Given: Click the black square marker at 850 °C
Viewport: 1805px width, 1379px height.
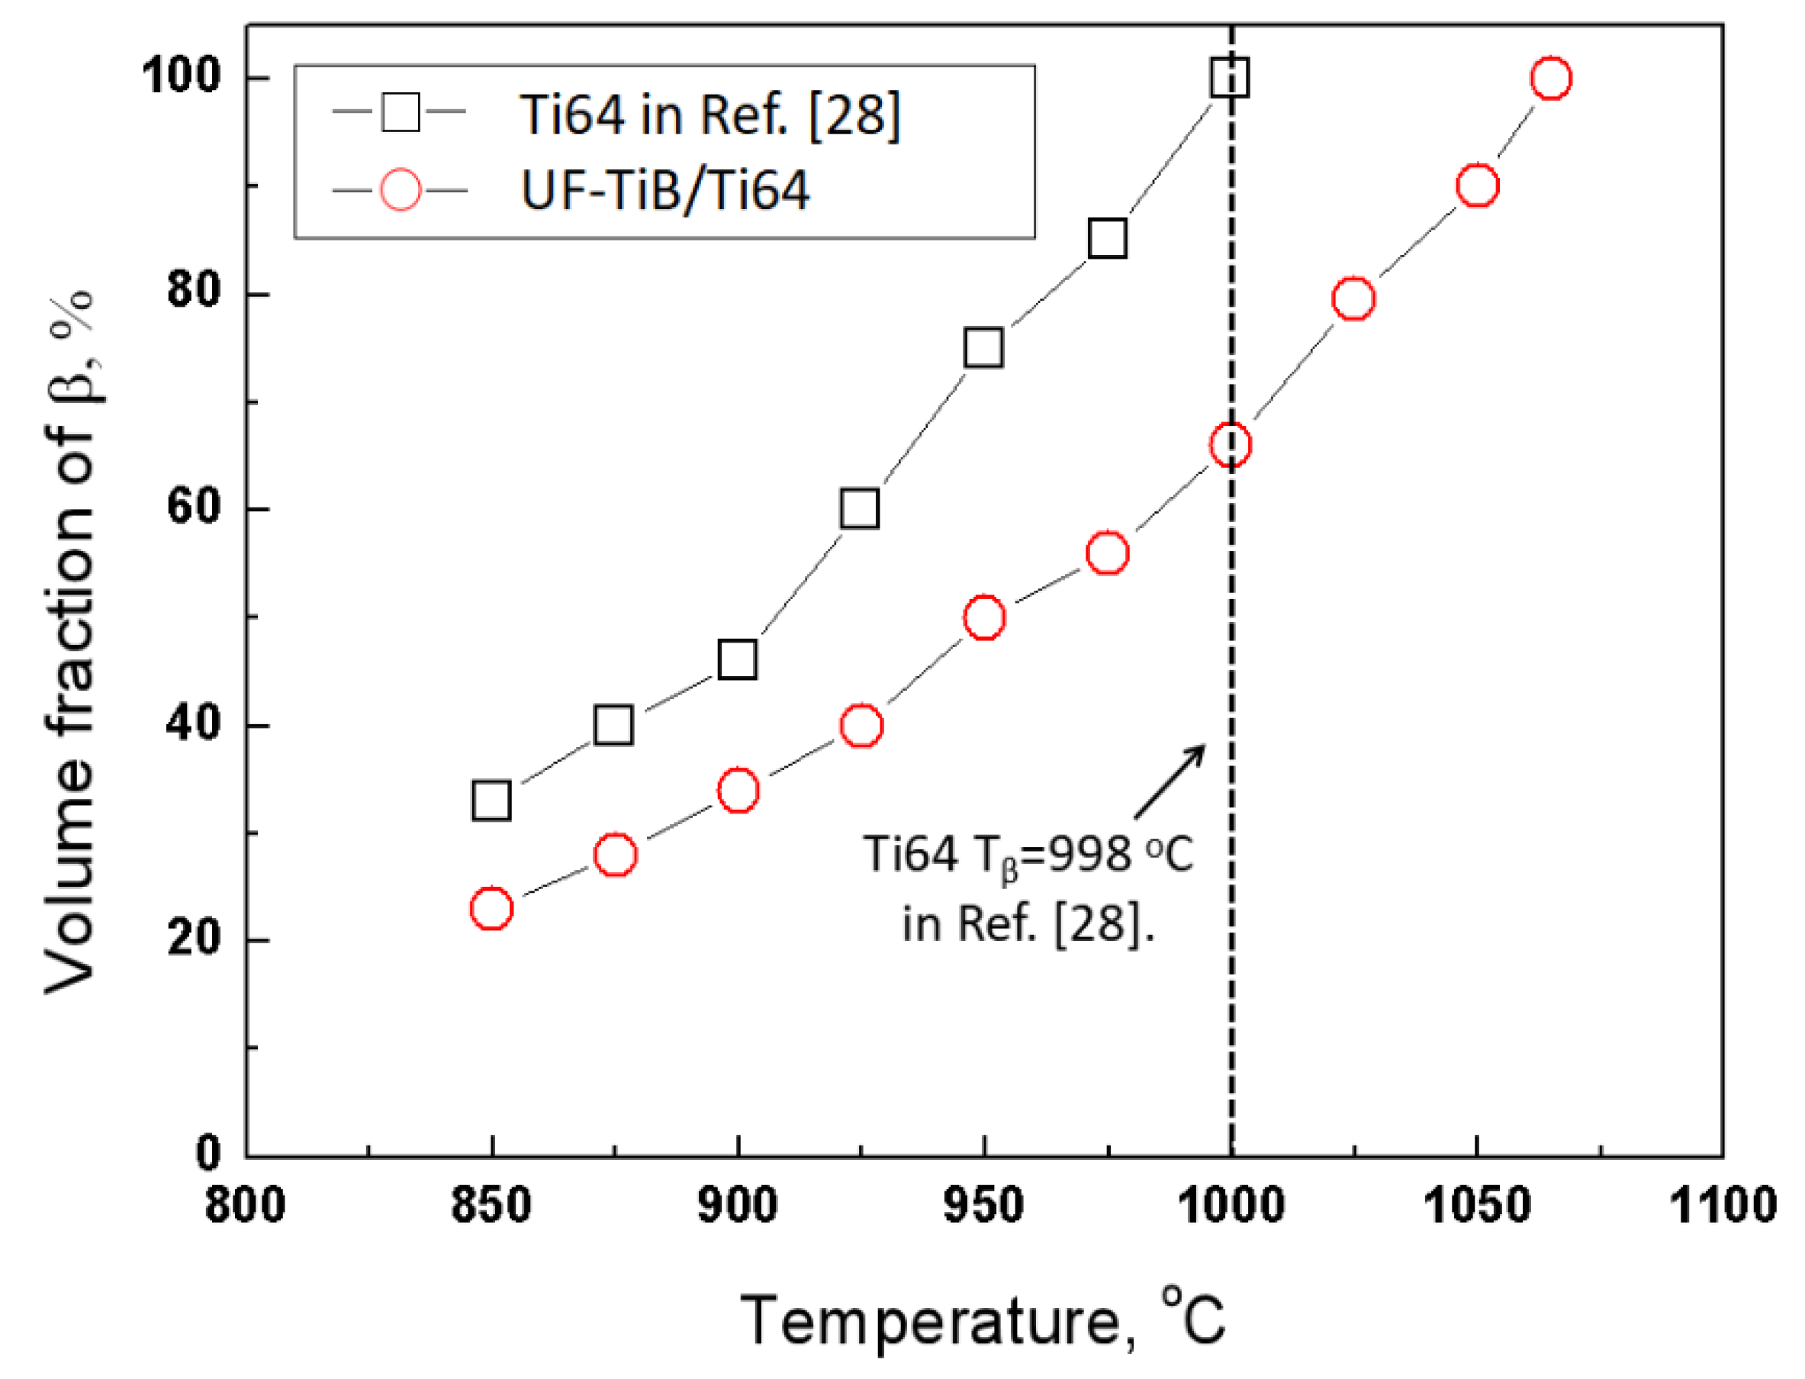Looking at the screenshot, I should tap(491, 801).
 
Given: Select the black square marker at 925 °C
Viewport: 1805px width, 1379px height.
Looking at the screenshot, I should tap(860, 509).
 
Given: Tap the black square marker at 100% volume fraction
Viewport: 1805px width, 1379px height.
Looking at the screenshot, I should tap(1230, 78).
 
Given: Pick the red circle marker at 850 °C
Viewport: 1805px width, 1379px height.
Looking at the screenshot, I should tap(491, 909).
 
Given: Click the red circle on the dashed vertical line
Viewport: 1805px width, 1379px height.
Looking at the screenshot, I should tap(1230, 445).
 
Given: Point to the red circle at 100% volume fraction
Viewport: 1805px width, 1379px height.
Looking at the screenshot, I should tap(1551, 78).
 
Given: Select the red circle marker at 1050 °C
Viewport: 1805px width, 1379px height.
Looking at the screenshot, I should tap(1477, 185).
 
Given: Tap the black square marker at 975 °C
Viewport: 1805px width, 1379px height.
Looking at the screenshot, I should tap(1107, 239).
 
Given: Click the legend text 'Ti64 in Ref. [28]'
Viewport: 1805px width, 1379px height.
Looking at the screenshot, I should tap(710, 114).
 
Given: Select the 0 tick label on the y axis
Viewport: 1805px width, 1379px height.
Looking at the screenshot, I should tap(208, 1153).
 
